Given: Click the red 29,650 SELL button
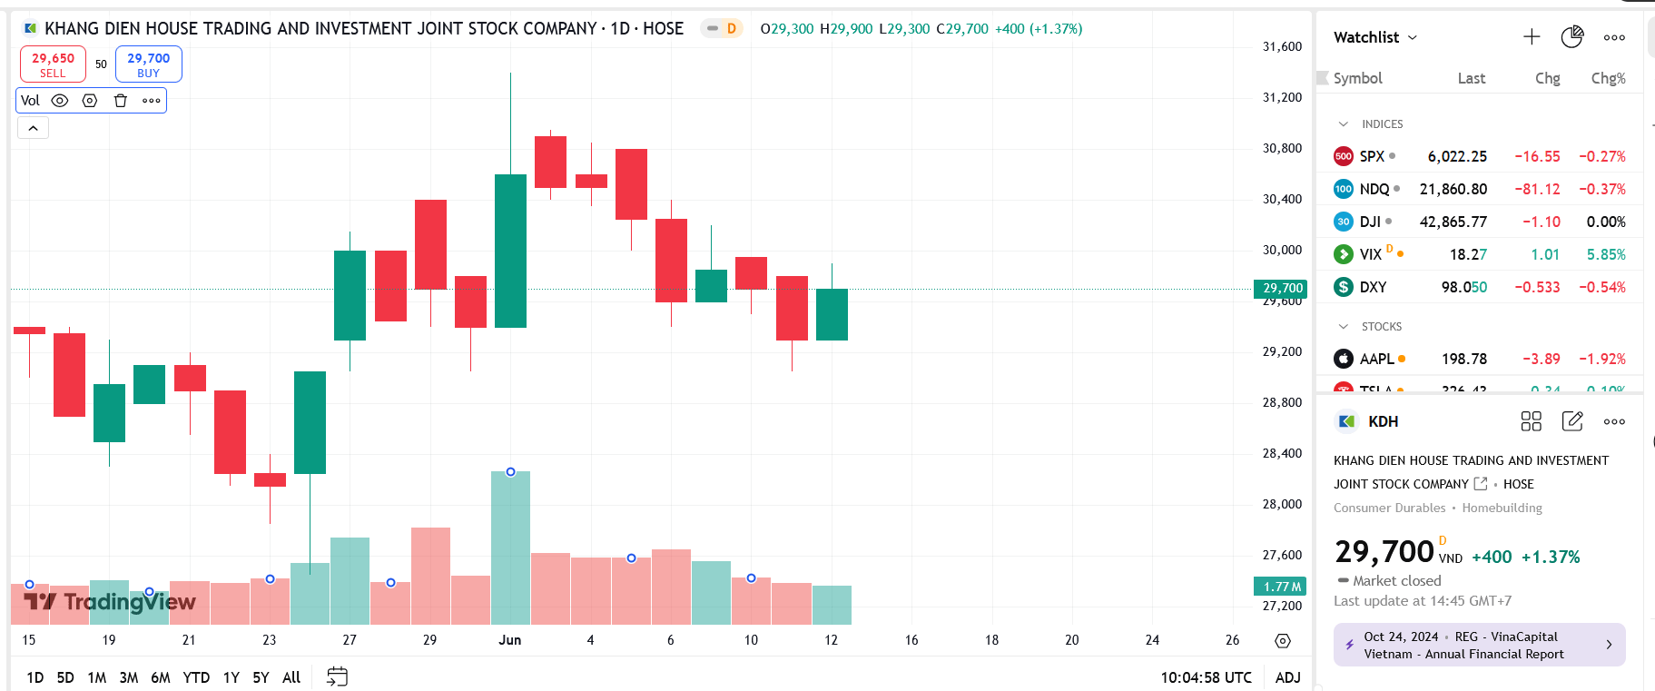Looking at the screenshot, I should tap(53, 64).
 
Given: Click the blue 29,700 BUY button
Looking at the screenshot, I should tap(148, 64).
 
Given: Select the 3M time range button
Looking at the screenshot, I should tap(129, 677).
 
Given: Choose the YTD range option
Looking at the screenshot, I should tap(196, 677).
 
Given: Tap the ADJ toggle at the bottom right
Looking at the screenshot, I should tap(1287, 677).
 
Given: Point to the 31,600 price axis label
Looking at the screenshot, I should tap(1282, 46).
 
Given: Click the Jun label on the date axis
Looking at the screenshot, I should tap(509, 640).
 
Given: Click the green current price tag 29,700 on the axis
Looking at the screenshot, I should tap(1281, 288).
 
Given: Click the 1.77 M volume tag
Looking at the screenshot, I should tap(1281, 587).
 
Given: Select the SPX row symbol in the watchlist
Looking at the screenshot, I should tap(1371, 156).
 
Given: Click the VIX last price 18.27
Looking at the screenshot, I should tap(1467, 254).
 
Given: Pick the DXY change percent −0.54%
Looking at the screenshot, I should tap(1601, 287).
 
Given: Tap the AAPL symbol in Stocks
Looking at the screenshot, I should tap(1376, 359).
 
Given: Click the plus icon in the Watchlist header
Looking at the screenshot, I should tap(1532, 37).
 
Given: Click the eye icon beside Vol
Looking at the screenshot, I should tap(60, 101).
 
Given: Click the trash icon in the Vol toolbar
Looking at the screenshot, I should tap(120, 101).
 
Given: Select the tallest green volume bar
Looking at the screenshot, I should tap(510, 548).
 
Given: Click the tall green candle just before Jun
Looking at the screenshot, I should tap(510, 251).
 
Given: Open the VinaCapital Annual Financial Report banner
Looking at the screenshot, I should tap(1479, 645).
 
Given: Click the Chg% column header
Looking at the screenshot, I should tap(1608, 78).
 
